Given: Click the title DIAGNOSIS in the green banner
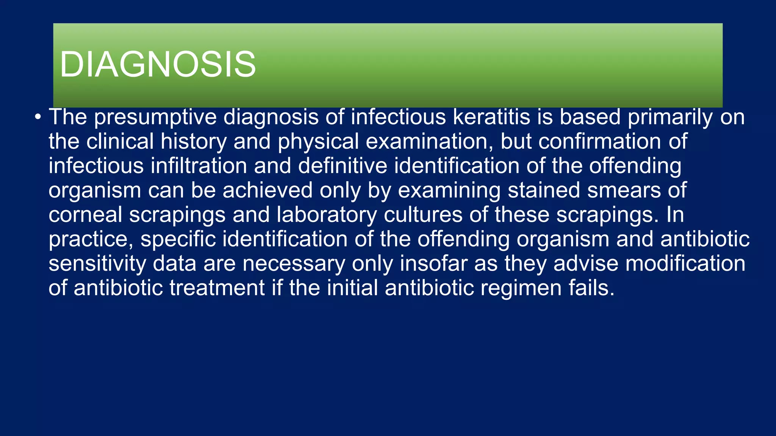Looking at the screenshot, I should pos(158,64).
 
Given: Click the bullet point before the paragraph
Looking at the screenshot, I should pos(38,117).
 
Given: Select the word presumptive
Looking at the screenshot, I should pos(155,117).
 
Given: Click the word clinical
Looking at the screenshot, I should pos(120,142).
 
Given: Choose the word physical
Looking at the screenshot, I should pos(318,142).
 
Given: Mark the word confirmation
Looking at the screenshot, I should pos(599,142).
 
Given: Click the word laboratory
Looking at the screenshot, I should pos(327,215).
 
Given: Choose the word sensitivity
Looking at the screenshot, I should pos(97,264).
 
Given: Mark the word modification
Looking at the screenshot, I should pos(685,263).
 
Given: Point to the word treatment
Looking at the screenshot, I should pos(217,288).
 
